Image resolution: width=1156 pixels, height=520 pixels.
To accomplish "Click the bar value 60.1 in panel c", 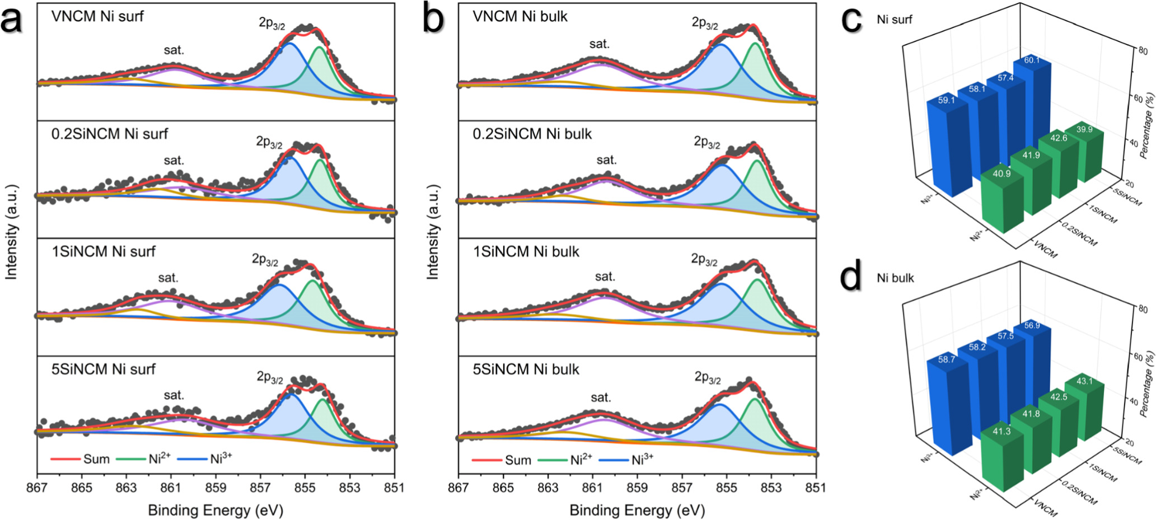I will point(1031,60).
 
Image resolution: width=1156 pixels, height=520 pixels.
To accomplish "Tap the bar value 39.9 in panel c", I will point(1084,129).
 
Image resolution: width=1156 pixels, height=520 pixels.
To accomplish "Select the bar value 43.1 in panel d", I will point(1084,381).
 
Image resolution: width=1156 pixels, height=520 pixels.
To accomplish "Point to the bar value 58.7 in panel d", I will point(947,359).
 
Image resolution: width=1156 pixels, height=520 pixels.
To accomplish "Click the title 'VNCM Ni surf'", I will point(97,16).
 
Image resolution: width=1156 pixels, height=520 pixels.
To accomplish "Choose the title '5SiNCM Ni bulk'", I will point(526,369).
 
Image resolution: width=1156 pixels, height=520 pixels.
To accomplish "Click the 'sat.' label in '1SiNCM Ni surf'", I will point(168,278).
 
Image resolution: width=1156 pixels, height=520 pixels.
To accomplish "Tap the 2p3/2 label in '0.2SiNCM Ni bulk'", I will point(707,143).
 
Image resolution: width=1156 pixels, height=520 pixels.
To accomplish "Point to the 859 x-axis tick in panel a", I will point(216,488).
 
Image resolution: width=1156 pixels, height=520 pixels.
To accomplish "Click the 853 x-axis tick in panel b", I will point(771,488).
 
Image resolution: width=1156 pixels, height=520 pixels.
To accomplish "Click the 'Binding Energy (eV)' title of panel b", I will point(637,510).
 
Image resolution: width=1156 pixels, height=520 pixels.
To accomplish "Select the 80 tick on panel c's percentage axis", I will point(1143,51).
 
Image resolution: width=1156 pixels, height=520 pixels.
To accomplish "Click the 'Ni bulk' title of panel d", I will point(895,278).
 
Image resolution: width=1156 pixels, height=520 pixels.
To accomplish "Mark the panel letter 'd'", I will point(851,277).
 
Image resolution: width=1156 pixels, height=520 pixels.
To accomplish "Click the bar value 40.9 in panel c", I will point(1001,174).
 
